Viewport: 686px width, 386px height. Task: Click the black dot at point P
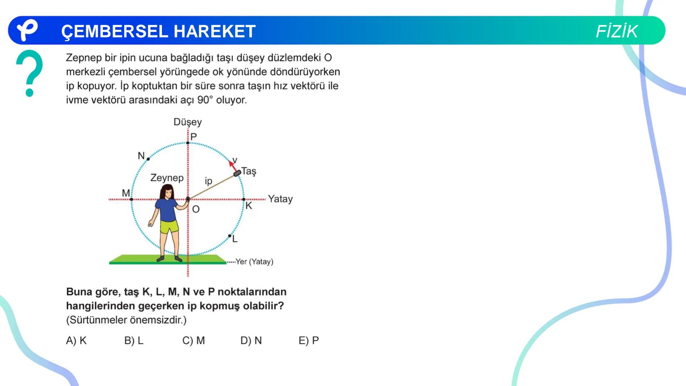[x=188, y=143]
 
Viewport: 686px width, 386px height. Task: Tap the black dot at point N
[x=148, y=159]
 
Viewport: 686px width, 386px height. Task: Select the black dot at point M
[x=132, y=199]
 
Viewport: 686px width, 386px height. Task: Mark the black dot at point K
[x=244, y=199]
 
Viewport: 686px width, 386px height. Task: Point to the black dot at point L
[x=229, y=236]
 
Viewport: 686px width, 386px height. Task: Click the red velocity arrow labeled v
[x=233, y=165]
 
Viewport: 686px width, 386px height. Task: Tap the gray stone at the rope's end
[x=237, y=173]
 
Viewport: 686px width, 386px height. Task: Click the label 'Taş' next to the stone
[x=249, y=171]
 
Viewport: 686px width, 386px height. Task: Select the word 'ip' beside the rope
[x=208, y=181]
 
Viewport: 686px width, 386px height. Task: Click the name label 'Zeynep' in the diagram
[x=167, y=178]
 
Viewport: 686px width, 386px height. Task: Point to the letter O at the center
[x=196, y=209]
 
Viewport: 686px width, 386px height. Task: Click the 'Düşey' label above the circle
[x=188, y=122]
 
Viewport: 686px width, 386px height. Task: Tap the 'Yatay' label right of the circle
[x=280, y=199]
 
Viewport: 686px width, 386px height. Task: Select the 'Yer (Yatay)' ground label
[x=254, y=262]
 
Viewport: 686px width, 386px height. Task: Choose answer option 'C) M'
[x=193, y=341]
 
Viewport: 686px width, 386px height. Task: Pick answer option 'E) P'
[x=308, y=341]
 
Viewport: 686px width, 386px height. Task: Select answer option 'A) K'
[x=76, y=341]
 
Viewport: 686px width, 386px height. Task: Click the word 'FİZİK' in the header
[x=616, y=31]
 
